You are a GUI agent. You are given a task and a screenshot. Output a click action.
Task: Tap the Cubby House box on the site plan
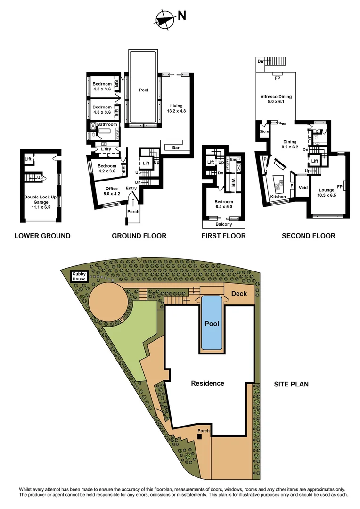[79, 277]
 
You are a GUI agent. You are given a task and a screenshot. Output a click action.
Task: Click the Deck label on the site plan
[239, 294]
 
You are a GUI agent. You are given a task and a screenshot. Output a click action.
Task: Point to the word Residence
[207, 383]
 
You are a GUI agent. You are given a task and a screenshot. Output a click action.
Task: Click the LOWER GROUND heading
[42, 236]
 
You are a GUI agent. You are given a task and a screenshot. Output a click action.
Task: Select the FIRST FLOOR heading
[223, 236]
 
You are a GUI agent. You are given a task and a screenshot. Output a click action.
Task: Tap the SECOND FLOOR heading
[309, 236]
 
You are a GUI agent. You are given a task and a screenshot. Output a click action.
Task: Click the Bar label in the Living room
[175, 148]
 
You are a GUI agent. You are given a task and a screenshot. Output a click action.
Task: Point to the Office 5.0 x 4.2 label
[112, 191]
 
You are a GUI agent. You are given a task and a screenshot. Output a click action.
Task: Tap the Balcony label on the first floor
[223, 225]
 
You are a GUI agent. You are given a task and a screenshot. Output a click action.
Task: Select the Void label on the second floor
[303, 187]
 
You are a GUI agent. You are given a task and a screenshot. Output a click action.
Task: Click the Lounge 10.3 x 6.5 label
[327, 192]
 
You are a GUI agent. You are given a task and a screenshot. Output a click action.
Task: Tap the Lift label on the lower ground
[28, 159]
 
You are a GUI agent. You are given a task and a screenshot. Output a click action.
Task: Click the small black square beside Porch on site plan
[199, 437]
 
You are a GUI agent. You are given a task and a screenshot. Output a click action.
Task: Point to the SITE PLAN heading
[291, 384]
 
